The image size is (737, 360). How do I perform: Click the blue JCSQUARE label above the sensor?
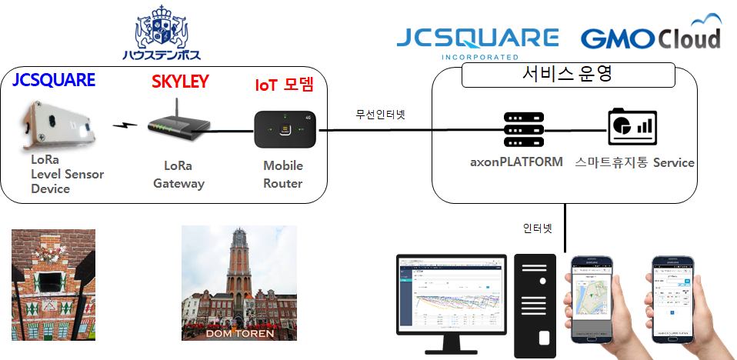(54, 80)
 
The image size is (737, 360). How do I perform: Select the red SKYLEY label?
(180, 82)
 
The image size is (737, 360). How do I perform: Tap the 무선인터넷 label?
(380, 115)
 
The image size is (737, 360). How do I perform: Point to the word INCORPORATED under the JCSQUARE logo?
(478, 56)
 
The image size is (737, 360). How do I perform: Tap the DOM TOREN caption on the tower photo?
(238, 332)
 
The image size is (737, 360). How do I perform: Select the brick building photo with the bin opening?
(53, 285)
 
